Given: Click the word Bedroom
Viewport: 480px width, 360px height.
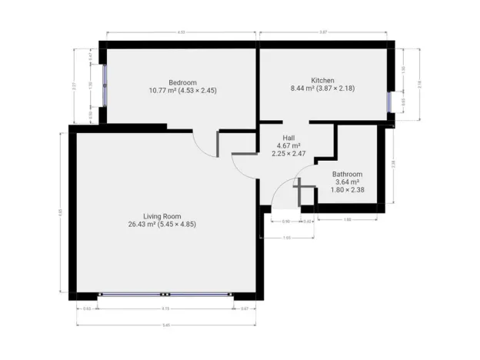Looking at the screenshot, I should [x=183, y=82].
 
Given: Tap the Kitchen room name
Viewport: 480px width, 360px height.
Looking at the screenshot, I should [x=322, y=80].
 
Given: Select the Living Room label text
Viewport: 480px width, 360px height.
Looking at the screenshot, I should [x=161, y=215].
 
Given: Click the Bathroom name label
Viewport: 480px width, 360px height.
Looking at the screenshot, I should [x=346, y=174].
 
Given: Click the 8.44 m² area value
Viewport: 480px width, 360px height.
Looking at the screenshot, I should [x=302, y=89].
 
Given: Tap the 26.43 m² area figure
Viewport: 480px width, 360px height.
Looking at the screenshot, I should [x=143, y=225].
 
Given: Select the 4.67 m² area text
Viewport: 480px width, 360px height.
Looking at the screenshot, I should [x=288, y=145].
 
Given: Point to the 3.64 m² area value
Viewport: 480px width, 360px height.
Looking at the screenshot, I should [x=346, y=182].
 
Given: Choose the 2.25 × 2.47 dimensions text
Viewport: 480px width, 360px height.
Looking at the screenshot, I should [x=288, y=153].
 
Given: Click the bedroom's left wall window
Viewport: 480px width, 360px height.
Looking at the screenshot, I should [x=104, y=85].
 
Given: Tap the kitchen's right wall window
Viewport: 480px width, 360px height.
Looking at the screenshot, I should [x=390, y=102].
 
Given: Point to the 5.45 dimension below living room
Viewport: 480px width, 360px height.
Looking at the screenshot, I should [x=166, y=325].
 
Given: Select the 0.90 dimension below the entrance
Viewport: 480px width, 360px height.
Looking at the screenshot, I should [x=285, y=222].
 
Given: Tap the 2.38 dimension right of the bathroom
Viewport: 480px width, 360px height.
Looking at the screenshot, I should [x=393, y=163].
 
